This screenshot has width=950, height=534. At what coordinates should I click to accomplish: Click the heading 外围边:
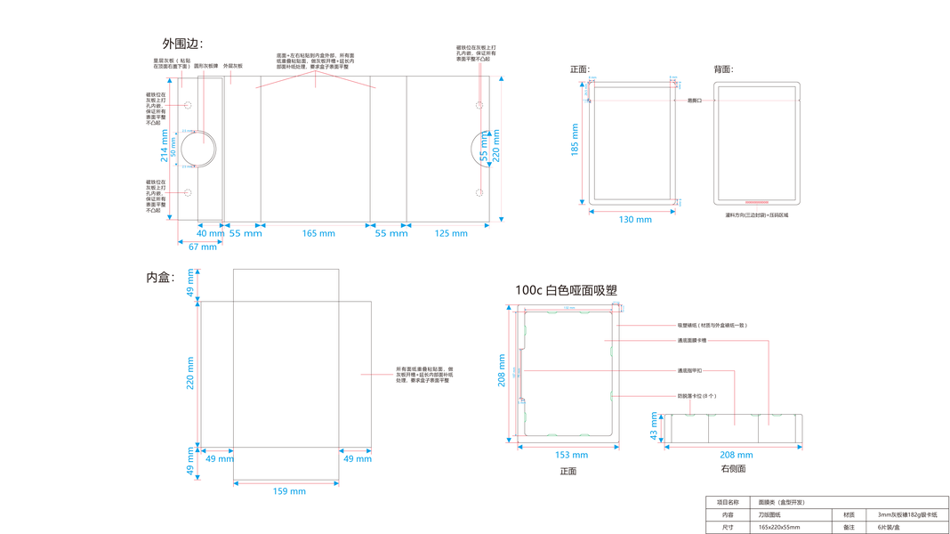182,44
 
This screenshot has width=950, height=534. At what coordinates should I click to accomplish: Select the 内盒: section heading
161,279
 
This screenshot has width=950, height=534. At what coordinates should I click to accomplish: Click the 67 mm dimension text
202,247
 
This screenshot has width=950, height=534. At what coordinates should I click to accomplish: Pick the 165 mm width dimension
318,233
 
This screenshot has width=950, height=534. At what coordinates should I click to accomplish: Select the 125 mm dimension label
451,233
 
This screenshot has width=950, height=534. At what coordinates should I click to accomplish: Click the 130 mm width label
635,219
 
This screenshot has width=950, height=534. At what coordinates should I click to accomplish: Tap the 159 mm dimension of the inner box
289,490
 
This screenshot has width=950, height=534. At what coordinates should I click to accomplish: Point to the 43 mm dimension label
655,427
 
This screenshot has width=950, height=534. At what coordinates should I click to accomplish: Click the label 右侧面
733,469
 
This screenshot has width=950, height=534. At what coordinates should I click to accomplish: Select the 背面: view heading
723,69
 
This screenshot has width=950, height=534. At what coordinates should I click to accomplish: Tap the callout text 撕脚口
695,101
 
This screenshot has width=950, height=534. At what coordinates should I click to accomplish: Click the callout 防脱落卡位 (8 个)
696,396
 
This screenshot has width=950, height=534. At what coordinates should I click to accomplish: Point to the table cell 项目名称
728,502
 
